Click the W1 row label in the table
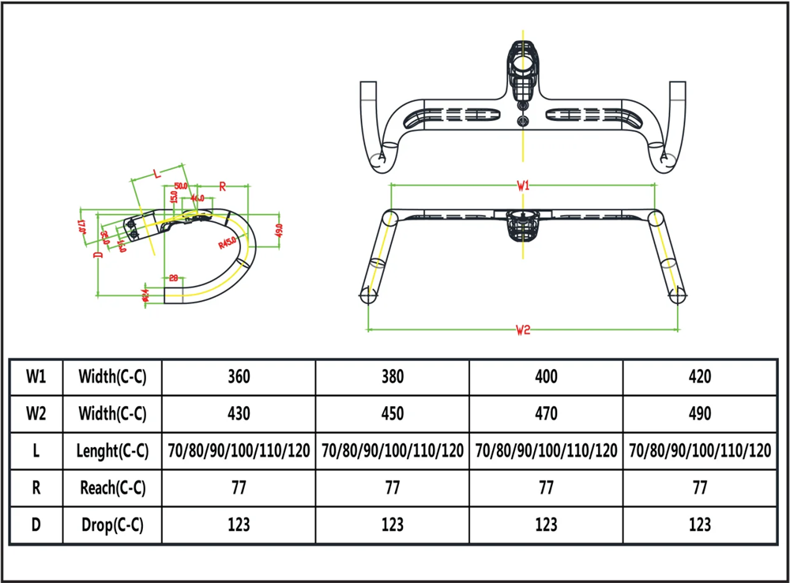(x=35, y=377)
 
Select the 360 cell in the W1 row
(x=238, y=377)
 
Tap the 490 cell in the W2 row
(x=698, y=413)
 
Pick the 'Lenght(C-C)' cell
(x=113, y=451)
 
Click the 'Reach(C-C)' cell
(x=113, y=487)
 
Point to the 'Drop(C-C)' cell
(x=113, y=525)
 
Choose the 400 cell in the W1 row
(x=545, y=377)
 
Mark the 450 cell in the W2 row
(x=392, y=413)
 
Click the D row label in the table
(x=35, y=525)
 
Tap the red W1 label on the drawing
(x=523, y=186)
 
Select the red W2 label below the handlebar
(x=522, y=330)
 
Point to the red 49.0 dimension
(x=277, y=230)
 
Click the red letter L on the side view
(x=156, y=171)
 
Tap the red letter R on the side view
(x=223, y=186)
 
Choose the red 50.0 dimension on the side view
(x=181, y=186)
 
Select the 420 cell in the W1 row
(x=698, y=377)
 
